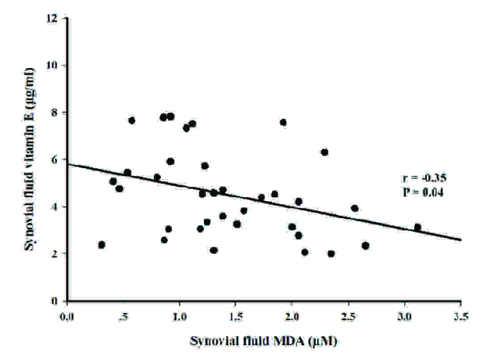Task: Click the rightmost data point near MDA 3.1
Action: [x=417, y=227]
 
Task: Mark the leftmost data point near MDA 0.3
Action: [x=102, y=245]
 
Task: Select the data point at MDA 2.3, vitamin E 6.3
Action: [x=325, y=152]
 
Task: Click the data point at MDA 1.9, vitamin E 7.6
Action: [x=283, y=122]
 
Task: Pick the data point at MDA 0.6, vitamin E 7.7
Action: [x=131, y=120]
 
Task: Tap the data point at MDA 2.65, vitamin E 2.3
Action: [x=365, y=246]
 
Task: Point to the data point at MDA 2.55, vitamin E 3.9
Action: [x=355, y=208]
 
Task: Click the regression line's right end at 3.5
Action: [x=461, y=240]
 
